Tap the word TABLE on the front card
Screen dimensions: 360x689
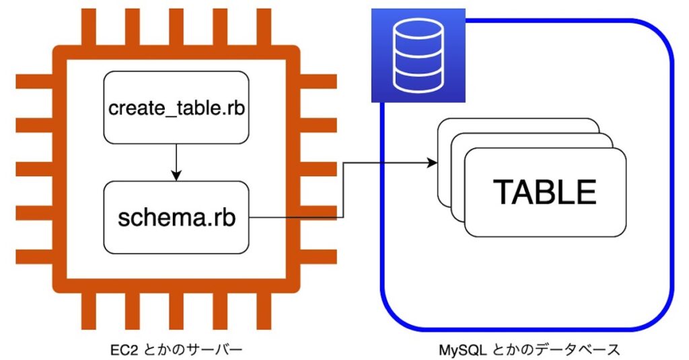(x=544, y=192)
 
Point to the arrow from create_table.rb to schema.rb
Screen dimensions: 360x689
(x=176, y=161)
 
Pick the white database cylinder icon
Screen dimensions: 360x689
(x=419, y=55)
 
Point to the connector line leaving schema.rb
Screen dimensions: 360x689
(x=296, y=217)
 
